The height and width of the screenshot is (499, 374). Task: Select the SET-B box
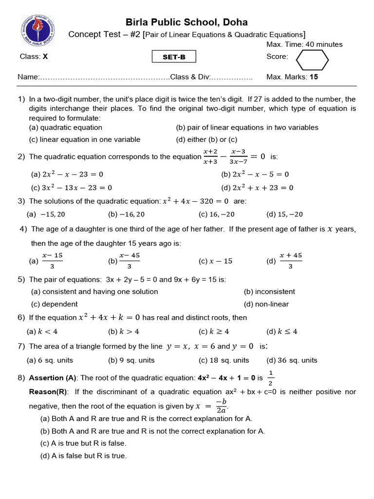tap(174, 57)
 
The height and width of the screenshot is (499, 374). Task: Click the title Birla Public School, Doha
tap(187, 22)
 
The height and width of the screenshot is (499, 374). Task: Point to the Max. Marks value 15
tap(314, 77)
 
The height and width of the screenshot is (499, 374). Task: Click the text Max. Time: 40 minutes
tap(304, 44)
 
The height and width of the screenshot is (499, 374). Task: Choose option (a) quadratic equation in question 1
tap(66, 128)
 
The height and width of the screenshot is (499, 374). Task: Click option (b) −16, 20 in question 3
tap(126, 214)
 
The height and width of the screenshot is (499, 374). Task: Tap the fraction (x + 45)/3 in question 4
tap(290, 261)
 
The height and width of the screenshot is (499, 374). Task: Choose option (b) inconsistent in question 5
tap(269, 292)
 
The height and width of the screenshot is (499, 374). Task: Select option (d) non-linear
tap(266, 304)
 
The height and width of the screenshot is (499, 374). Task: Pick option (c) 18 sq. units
tap(224, 361)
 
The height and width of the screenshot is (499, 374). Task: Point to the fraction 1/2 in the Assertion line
tap(271, 379)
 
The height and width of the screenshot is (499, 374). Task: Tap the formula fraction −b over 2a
tap(221, 406)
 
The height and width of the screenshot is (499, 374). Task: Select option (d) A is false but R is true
tap(83, 456)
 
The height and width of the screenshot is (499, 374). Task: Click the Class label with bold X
tap(34, 57)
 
